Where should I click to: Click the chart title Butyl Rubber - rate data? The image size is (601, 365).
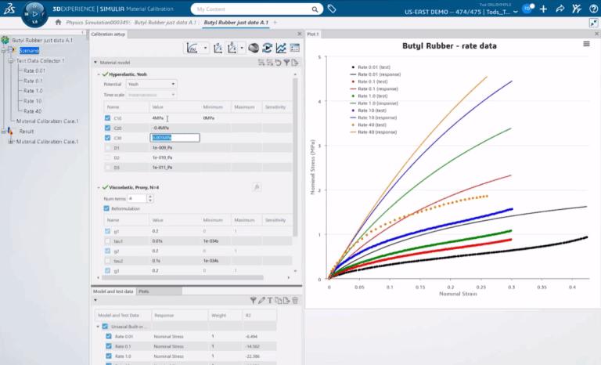[448, 46]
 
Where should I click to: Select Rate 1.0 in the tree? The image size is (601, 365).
[34, 90]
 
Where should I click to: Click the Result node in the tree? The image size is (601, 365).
[27, 132]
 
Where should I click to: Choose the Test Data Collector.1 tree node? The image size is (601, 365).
[40, 60]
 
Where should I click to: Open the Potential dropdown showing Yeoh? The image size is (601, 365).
[151, 84]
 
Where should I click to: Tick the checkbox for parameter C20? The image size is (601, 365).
[108, 128]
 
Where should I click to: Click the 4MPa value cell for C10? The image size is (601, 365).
[158, 118]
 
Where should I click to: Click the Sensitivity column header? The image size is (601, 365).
[275, 107]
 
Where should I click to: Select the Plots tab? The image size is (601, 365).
[146, 291]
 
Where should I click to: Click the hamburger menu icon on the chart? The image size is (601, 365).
[587, 45]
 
